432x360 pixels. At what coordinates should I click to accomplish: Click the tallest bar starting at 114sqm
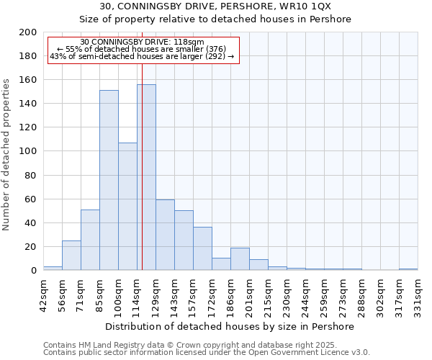pos(146,177)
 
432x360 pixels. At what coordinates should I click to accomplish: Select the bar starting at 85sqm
pos(109,180)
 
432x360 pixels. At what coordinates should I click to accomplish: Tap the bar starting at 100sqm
pos(127,206)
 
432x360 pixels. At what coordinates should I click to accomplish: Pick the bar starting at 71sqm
pos(90,240)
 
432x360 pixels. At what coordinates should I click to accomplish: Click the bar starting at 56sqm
pos(71,255)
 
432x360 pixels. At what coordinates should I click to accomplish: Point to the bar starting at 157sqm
pos(202,248)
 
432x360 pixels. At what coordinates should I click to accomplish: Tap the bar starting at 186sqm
pos(240,258)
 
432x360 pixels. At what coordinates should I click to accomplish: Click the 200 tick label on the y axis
pos(27,32)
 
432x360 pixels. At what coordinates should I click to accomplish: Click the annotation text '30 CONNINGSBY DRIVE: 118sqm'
pos(142,42)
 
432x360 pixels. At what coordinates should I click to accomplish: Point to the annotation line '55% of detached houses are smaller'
pos(142,49)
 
